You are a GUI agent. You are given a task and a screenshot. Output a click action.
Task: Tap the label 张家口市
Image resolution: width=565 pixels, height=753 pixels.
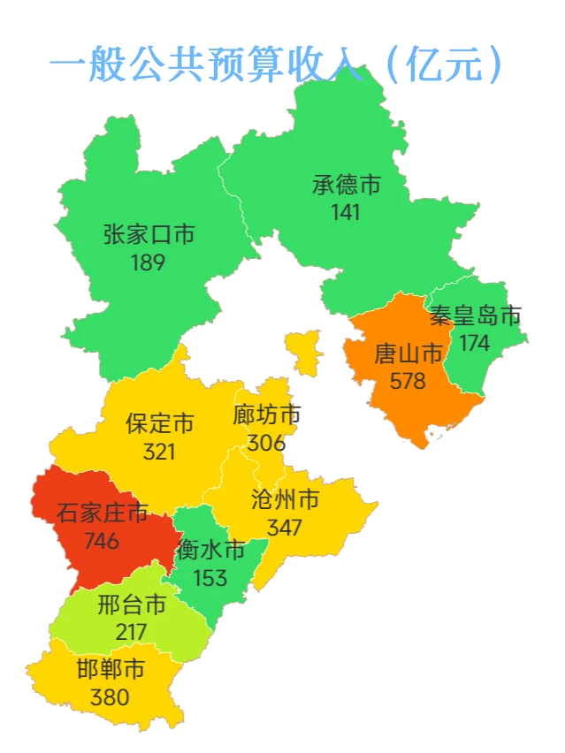click(x=149, y=234)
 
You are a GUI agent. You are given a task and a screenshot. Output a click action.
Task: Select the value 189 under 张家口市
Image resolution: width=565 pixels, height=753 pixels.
click(x=148, y=262)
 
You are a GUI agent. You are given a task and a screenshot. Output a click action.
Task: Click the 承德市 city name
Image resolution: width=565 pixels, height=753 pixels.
click(x=347, y=185)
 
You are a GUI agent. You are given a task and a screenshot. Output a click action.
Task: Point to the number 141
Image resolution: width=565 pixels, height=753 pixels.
click(x=346, y=212)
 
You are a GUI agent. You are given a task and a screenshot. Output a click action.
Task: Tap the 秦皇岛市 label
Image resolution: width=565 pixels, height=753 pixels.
click(x=475, y=316)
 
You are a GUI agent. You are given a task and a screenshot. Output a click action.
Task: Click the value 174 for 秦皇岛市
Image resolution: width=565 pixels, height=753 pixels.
click(x=474, y=344)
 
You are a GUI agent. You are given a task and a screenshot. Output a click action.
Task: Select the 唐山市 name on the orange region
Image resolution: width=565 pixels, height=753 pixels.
click(x=408, y=354)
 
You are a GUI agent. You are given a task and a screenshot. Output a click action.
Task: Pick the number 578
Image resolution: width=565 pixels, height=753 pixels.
click(x=408, y=382)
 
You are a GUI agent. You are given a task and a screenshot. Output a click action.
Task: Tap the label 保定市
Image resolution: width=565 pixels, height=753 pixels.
click(x=159, y=422)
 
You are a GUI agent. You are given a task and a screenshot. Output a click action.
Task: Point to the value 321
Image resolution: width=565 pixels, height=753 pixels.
click(x=159, y=451)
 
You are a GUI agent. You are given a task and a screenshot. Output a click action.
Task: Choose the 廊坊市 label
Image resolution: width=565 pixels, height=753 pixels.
click(x=267, y=415)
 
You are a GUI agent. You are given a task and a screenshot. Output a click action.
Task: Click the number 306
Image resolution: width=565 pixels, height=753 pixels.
click(x=266, y=442)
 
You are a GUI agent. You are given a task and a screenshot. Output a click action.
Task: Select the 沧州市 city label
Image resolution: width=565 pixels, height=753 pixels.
click(x=285, y=500)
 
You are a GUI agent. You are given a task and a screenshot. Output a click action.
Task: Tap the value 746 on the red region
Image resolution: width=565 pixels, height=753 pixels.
click(x=102, y=540)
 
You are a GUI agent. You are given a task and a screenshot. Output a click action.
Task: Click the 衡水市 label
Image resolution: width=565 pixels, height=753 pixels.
click(x=210, y=551)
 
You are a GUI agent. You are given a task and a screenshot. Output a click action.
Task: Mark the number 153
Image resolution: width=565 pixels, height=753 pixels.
click(x=210, y=578)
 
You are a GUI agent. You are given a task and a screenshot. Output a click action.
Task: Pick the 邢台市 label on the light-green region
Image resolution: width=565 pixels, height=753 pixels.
click(x=132, y=605)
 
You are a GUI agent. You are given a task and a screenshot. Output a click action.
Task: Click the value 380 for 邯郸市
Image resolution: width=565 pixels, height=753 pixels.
click(x=110, y=696)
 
